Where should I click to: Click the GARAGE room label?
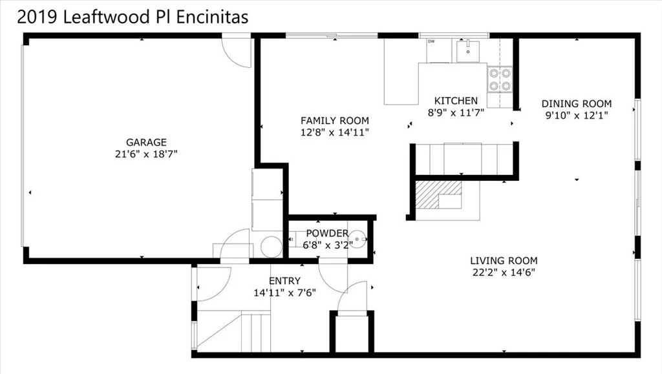point(146,143)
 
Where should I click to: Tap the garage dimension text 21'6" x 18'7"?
point(146,154)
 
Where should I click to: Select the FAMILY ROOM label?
point(335,121)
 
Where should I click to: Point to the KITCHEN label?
point(456,101)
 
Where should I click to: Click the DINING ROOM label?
point(577,104)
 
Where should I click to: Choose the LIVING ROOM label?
point(504,260)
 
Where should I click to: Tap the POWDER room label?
point(327,233)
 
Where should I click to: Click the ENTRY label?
point(284,281)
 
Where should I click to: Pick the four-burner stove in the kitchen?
point(500,79)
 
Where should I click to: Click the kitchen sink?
point(468,51)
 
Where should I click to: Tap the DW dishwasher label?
point(431,41)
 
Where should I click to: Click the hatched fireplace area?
point(438,194)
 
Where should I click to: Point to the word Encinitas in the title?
point(212,17)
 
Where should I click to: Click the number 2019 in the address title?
point(37,17)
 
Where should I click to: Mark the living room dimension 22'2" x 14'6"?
point(504,273)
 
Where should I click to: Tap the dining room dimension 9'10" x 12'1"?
point(577,115)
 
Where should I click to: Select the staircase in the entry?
point(234,331)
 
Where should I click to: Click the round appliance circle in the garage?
point(271,247)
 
